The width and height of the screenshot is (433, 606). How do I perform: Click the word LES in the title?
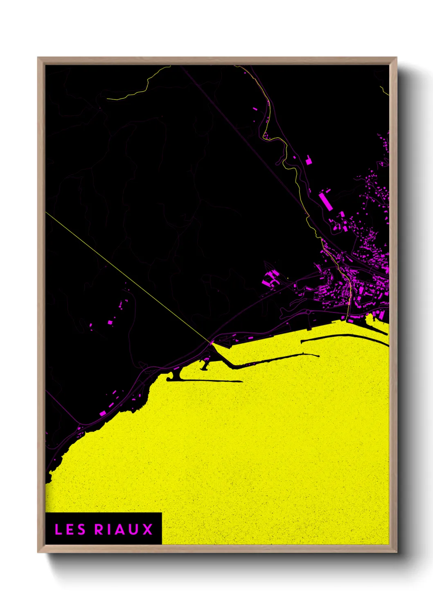pyautogui.click(x=70, y=529)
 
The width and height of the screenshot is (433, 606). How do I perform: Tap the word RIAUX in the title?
pyautogui.click(x=124, y=529)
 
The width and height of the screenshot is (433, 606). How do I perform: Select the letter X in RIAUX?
pyautogui.click(x=147, y=529)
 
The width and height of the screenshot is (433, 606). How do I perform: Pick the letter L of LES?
pyautogui.click(x=58, y=529)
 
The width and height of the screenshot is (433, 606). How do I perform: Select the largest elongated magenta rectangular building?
pyautogui.click(x=325, y=201)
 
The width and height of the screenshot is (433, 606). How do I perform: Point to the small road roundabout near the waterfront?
pyautogui.click(x=308, y=312)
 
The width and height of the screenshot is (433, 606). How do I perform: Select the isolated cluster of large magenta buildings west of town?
pyautogui.click(x=270, y=278)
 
